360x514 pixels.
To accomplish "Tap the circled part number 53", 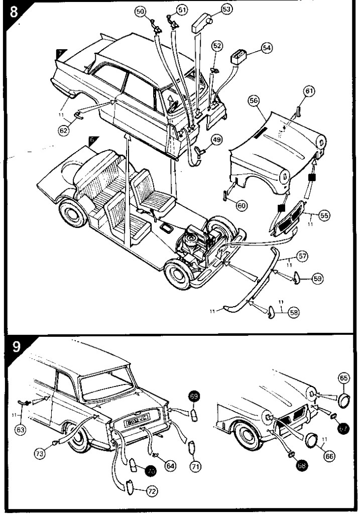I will coord(226,9).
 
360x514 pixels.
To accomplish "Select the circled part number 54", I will coord(266,48).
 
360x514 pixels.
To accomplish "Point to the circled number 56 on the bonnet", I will coord(254,101).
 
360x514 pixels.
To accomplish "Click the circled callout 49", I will coord(216,140).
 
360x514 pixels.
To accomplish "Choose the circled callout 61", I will coord(309,91).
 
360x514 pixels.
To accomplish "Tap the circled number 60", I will coord(242,205).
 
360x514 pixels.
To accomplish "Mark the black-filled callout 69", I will coord(194,397).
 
